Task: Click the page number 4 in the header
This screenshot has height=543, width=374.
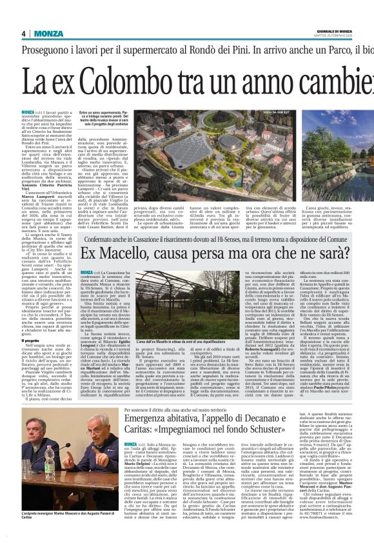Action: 23,34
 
